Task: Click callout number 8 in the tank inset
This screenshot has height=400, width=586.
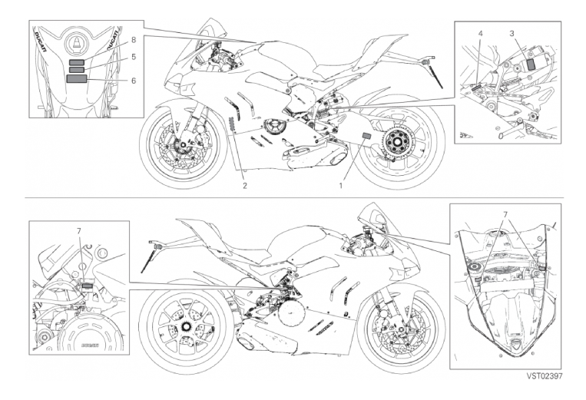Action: (x=134, y=40)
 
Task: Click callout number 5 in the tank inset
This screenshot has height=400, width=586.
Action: (x=134, y=57)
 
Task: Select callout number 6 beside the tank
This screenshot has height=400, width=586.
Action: (x=134, y=81)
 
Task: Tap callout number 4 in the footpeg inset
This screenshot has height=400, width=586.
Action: (x=480, y=34)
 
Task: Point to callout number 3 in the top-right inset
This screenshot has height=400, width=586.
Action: (x=512, y=34)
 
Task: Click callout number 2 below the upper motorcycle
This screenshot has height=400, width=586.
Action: (x=245, y=186)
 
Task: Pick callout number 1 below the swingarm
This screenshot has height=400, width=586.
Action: (x=340, y=186)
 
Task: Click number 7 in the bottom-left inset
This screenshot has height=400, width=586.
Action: (x=79, y=231)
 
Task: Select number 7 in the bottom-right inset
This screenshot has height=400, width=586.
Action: (x=505, y=215)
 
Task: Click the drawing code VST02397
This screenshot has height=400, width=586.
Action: (x=544, y=376)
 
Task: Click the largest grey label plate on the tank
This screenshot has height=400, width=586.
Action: (x=76, y=78)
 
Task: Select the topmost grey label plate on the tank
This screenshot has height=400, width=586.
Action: (x=77, y=62)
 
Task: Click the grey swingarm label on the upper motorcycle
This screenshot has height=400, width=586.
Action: (x=366, y=136)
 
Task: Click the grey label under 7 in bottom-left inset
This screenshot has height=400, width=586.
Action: (x=86, y=286)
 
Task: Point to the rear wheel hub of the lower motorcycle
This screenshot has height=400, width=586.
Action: (x=184, y=326)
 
